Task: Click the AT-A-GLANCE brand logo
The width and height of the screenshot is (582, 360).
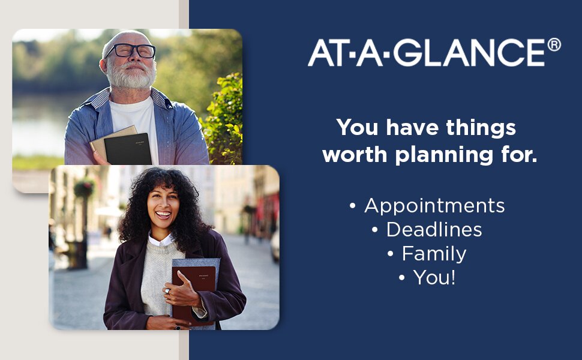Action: pyautogui.click(x=434, y=52)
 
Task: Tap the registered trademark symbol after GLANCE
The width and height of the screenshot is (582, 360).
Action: pyautogui.click(x=554, y=44)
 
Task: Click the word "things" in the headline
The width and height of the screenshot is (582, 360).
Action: pyautogui.click(x=481, y=128)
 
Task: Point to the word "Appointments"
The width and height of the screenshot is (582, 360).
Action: pyautogui.click(x=434, y=206)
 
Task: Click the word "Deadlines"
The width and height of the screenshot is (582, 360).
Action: pyautogui.click(x=434, y=230)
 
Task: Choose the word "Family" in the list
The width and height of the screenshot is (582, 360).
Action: pyautogui.click(x=434, y=254)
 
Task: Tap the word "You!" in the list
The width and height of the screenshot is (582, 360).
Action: pyautogui.click(x=434, y=277)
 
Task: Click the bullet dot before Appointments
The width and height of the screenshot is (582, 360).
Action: pyautogui.click(x=353, y=206)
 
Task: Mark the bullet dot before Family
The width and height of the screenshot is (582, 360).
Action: pyautogui.click(x=390, y=254)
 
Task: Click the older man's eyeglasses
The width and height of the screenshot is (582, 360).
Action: pyautogui.click(x=130, y=50)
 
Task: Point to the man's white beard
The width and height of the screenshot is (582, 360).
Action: pyautogui.click(x=131, y=76)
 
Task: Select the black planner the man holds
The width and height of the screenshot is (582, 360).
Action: pyautogui.click(x=128, y=149)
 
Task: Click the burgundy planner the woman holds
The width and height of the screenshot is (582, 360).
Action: pyautogui.click(x=193, y=293)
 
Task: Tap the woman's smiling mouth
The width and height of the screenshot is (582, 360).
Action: pyautogui.click(x=163, y=215)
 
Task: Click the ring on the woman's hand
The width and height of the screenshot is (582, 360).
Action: pyautogui.click(x=167, y=291)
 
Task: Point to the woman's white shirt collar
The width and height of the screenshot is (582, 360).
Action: pyautogui.click(x=160, y=240)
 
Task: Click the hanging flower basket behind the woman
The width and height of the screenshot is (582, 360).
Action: pyautogui.click(x=84, y=188)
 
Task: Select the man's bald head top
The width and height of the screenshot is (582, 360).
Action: pyautogui.click(x=125, y=37)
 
